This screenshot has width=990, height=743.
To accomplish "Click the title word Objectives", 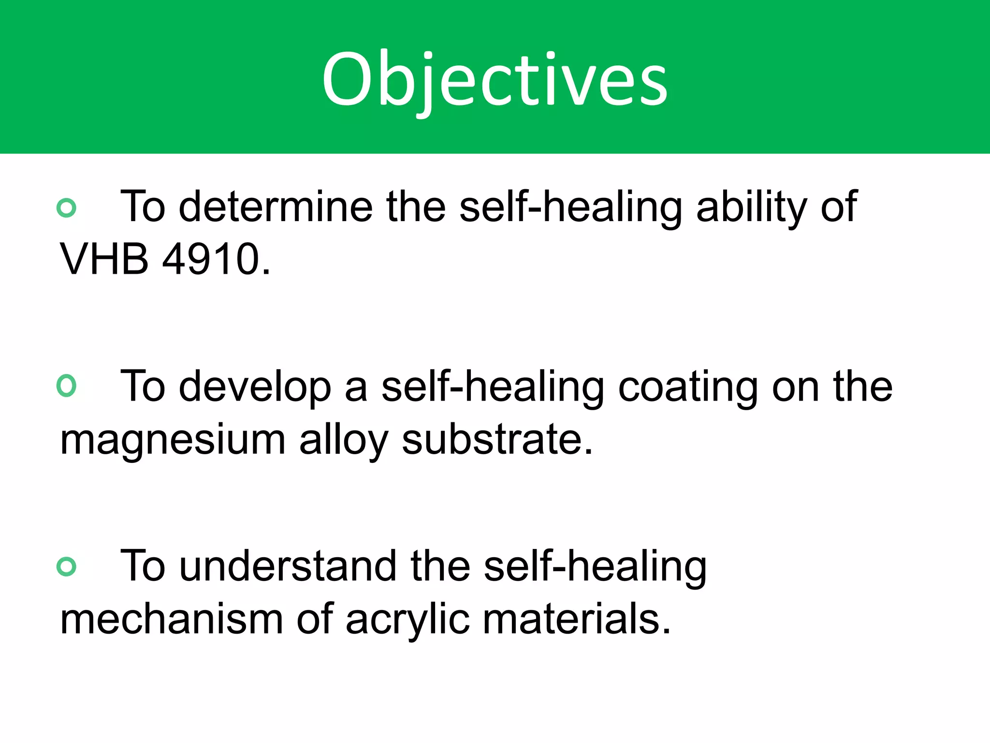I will coord(495,80).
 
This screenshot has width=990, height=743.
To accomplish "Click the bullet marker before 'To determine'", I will coord(66,208).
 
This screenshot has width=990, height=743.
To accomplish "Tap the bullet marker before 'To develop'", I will coord(66,386).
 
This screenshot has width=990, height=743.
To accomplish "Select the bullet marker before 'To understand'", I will coord(66,566).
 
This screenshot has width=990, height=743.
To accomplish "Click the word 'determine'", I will coord(276,207).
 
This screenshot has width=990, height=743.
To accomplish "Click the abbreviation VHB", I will coord(104,259).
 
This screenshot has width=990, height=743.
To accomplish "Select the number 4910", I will coord(210,259).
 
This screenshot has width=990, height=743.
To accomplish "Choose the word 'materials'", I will coord(570,620).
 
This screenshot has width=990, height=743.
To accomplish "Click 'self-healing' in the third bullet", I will coord(595,567).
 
